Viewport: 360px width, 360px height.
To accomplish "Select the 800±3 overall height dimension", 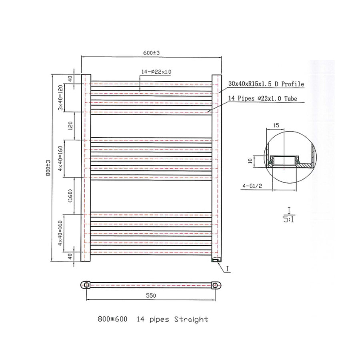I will click(48, 168).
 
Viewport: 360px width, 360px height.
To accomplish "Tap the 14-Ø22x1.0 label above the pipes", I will click(156, 72).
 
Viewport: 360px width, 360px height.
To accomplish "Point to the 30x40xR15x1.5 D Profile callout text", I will click(266, 84).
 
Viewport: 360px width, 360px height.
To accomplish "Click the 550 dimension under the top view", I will click(150, 296).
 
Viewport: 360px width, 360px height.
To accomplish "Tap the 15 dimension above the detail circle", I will click(276, 125).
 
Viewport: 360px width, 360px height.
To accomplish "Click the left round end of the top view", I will click(86, 284).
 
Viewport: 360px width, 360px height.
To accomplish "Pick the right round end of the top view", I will click(216, 284).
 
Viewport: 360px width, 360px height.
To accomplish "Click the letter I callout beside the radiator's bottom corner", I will click(227, 270).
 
